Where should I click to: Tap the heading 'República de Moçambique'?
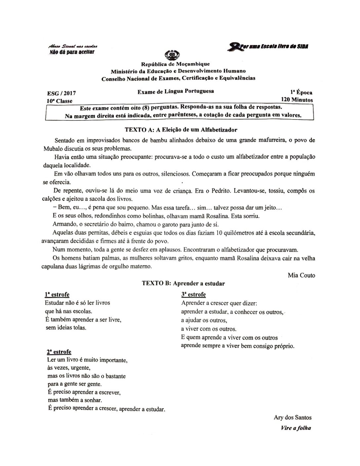tap(175, 64)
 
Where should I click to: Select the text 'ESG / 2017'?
tap(62, 94)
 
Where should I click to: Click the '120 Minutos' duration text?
tap(297, 100)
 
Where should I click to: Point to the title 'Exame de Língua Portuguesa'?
tap(175, 91)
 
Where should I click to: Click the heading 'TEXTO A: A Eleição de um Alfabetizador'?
tap(181, 130)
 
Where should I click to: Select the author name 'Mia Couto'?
tap(301, 275)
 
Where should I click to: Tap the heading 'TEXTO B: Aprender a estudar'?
tap(183, 284)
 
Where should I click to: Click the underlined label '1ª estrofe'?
tap(57, 295)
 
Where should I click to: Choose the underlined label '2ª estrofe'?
tap(59, 352)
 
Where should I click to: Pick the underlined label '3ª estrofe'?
tap(194, 295)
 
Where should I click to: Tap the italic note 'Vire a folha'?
tap(295, 428)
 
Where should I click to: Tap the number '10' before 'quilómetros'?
tap(219, 233)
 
